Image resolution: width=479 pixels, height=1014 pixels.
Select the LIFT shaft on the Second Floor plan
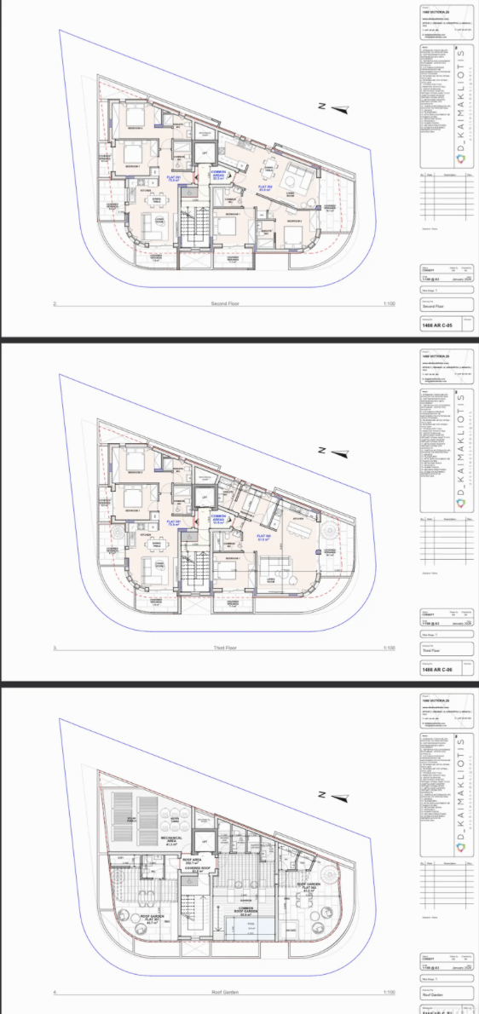click(205, 153)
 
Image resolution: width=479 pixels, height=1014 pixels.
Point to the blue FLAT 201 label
click(171, 180)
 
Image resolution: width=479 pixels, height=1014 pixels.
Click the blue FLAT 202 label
click(265, 188)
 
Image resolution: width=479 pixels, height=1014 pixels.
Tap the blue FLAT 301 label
click(171, 523)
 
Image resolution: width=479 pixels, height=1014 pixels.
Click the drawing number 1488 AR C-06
click(439, 671)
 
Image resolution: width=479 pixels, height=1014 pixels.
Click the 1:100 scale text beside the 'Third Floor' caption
click(390, 648)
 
